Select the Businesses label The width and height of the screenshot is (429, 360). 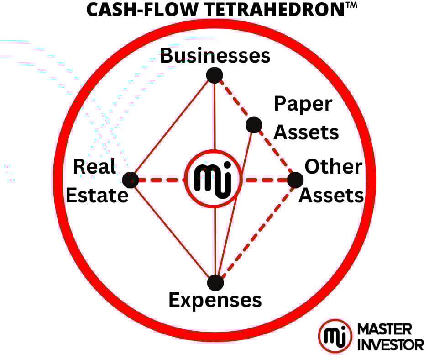215,56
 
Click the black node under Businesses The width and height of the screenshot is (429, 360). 214,74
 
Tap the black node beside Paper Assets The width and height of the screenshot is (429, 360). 253,125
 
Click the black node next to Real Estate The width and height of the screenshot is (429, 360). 131,180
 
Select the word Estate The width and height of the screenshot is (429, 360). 97,196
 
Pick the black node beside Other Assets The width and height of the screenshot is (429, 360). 295,180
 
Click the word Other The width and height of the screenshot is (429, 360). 333,167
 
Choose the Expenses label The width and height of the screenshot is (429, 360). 215,301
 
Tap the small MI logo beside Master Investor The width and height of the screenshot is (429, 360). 335,336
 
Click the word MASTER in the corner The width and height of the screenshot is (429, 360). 385,328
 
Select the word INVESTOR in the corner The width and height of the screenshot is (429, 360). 390,344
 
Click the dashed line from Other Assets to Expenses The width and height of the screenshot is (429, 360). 256,231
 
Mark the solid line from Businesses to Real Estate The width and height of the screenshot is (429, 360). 173,127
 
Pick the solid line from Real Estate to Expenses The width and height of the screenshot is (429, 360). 173,231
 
